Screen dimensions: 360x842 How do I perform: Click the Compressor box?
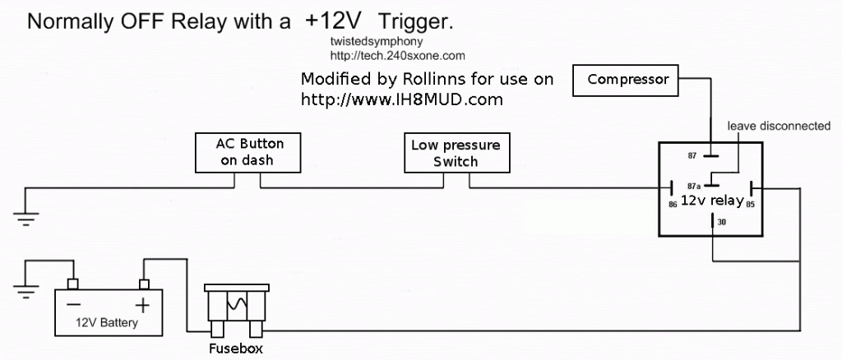[x=628, y=80]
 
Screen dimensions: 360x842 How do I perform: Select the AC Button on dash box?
[x=246, y=151]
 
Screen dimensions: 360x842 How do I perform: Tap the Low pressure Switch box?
[x=455, y=153]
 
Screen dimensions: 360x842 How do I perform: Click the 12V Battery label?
[x=106, y=323]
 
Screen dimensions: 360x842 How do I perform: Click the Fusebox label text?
[x=235, y=348]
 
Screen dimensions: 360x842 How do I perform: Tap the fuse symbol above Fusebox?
[x=236, y=307]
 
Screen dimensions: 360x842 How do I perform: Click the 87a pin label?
[x=695, y=187]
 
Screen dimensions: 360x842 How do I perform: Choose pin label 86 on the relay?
[x=673, y=205]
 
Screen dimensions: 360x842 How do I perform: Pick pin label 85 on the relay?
[x=750, y=205]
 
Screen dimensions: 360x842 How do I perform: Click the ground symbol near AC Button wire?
[x=25, y=216]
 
